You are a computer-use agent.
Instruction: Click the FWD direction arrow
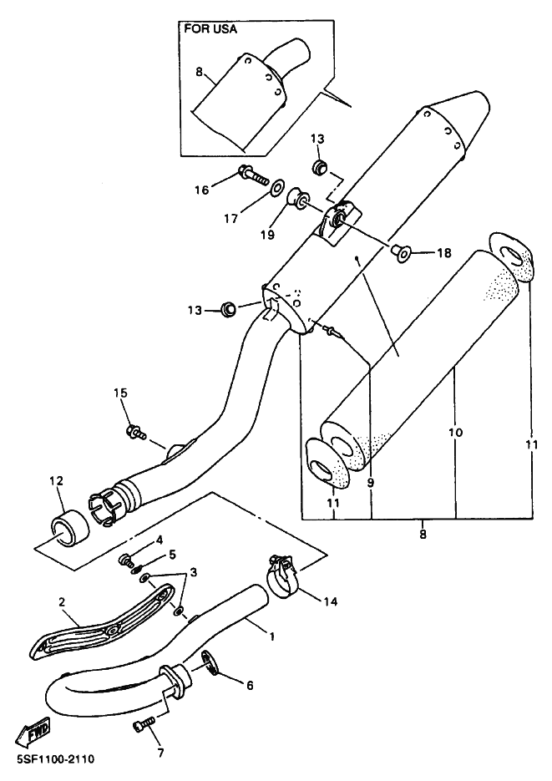(x=33, y=731)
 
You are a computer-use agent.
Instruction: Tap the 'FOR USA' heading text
(x=210, y=29)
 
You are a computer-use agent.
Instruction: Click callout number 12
(x=56, y=481)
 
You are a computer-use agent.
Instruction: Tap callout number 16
(x=202, y=190)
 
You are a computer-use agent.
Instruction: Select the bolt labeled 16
(x=254, y=175)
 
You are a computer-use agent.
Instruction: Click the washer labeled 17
(x=276, y=188)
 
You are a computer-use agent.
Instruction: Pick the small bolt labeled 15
(x=135, y=432)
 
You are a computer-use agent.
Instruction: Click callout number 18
(x=444, y=253)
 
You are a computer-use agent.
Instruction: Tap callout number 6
(x=250, y=686)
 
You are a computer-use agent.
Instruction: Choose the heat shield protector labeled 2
(x=100, y=621)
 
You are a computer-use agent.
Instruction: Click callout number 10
(x=455, y=432)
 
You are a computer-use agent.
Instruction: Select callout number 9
(x=371, y=482)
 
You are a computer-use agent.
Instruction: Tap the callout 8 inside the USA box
(x=199, y=72)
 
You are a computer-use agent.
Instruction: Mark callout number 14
(x=330, y=601)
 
